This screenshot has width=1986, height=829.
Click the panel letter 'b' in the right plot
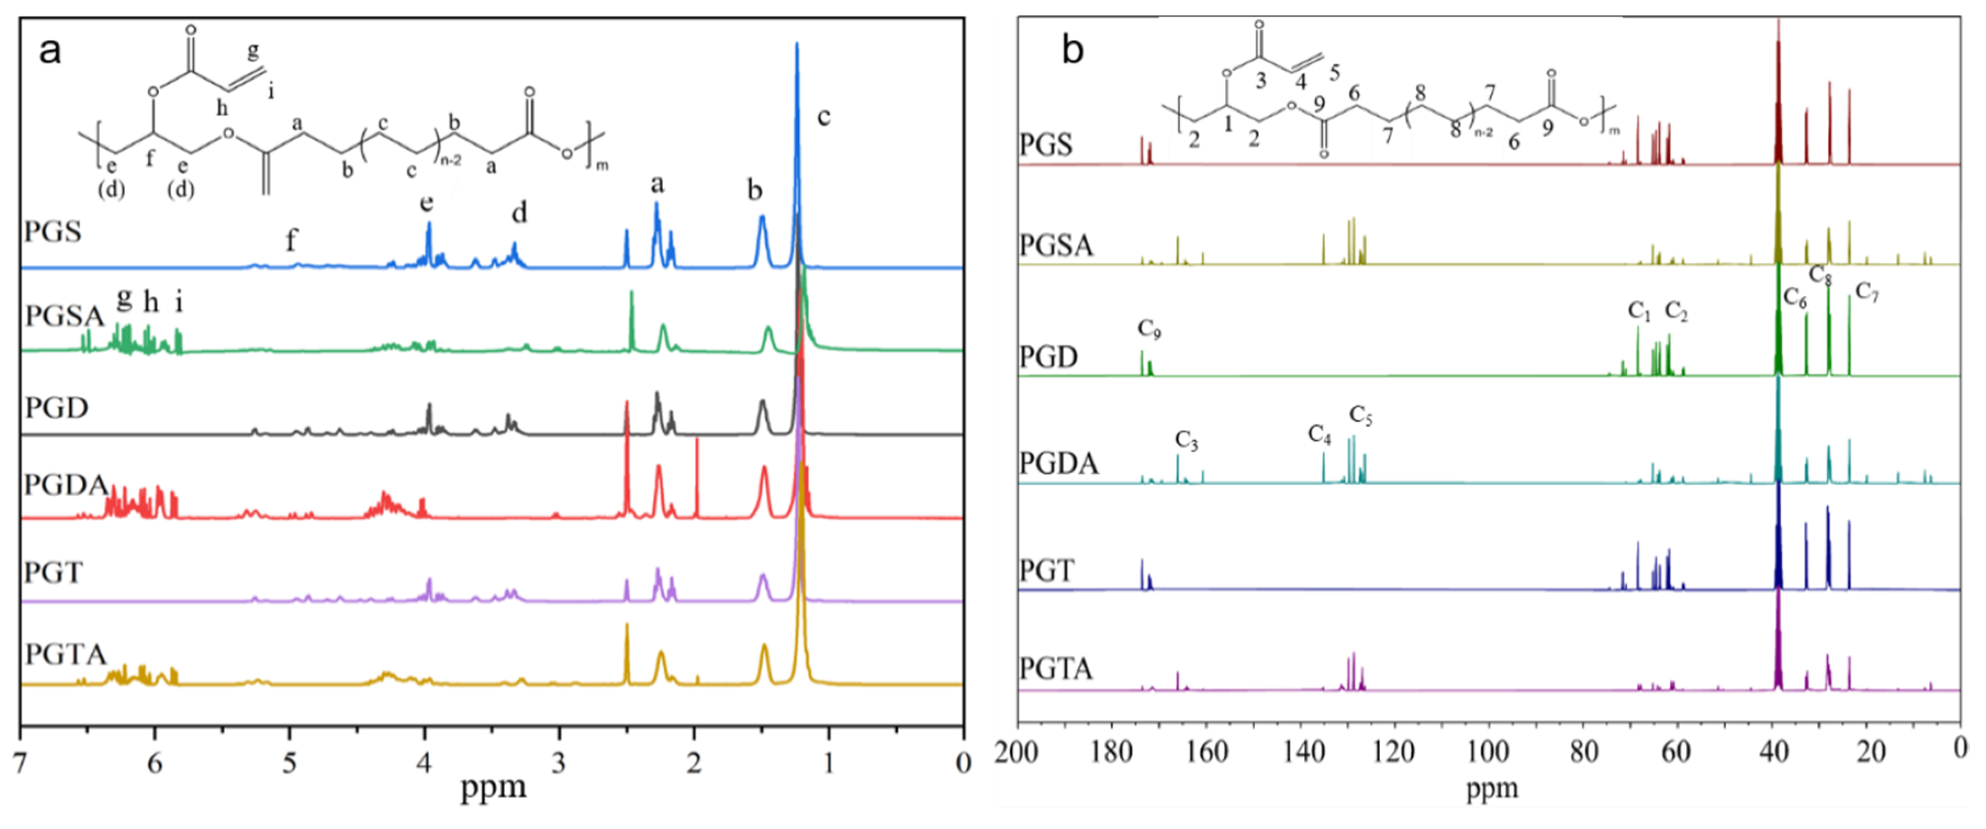pos(1073,49)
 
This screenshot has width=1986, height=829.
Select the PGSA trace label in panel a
pos(64,316)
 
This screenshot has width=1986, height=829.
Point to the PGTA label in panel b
pos(1056,668)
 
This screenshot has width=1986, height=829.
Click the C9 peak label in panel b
pos(1149,329)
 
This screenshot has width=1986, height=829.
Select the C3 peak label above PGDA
pos(1186,441)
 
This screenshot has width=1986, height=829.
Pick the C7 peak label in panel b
pos(1866,292)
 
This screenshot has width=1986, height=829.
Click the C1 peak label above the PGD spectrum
pos(1639,311)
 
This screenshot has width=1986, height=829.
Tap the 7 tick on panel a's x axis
pos(21,764)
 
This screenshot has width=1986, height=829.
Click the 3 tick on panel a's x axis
pos(559,764)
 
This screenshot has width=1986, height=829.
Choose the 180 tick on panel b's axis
pos(1111,750)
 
